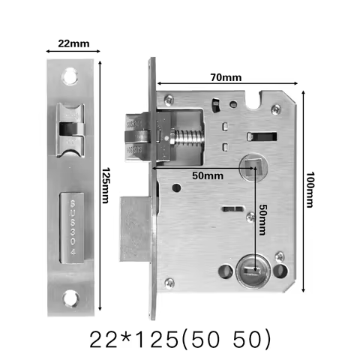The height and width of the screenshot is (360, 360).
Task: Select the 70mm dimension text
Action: [226, 77]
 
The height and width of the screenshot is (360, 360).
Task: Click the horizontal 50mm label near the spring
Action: [207, 175]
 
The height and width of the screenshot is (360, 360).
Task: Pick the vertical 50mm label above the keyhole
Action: [263, 216]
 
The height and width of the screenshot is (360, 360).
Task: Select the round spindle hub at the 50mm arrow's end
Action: [250, 166]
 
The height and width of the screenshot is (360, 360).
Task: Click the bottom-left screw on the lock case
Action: [170, 282]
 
